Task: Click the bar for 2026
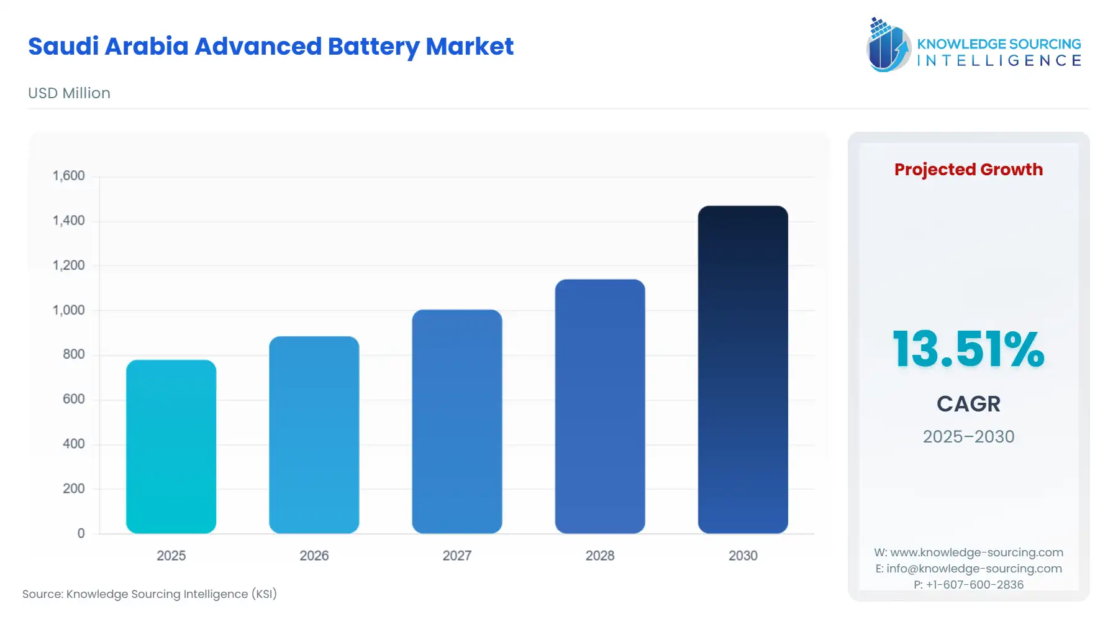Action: coord(314,434)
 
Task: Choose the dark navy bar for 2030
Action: coord(742,369)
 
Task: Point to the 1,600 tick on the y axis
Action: coord(68,176)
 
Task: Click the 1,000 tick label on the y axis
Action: coord(68,310)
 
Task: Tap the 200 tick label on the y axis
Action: coord(73,489)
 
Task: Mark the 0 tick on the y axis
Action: coord(81,533)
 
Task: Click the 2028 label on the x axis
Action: coord(599,556)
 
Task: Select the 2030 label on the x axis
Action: coord(742,556)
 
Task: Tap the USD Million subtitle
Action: coord(69,93)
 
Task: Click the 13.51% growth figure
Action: coord(968,349)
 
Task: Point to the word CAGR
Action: coord(968,404)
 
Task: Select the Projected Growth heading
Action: coord(968,170)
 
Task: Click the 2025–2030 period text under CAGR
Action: coord(968,437)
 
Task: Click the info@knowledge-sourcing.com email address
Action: coord(974,569)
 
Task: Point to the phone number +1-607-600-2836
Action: coord(975,585)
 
